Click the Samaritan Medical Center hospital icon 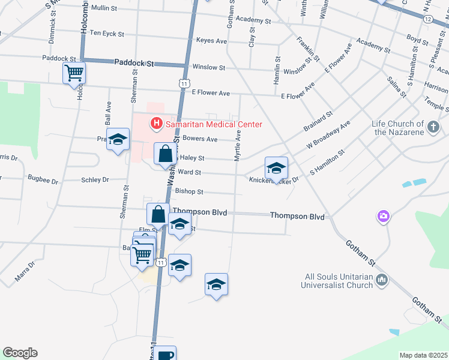tap(156, 124)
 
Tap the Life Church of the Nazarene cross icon tap(433, 127)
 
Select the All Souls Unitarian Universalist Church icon tap(382, 280)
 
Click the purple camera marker tap(383, 215)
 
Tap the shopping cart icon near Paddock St tap(74, 73)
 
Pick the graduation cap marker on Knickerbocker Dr tap(276, 168)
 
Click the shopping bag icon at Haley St tap(165, 154)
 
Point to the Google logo tap(20, 353)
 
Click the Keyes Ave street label tap(211, 41)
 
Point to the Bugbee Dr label tap(43, 179)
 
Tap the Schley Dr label tap(95, 179)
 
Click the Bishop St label tap(189, 192)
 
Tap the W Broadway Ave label tap(328, 136)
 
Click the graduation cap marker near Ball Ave tap(118, 140)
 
